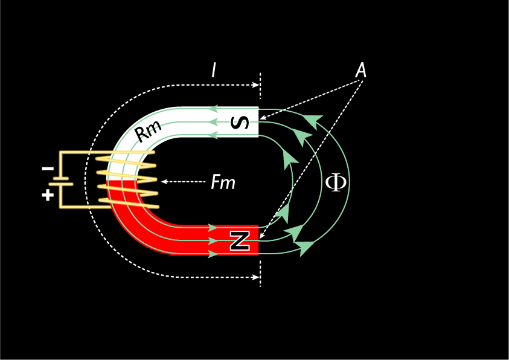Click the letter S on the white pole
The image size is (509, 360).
click(240, 123)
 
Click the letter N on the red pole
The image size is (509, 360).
click(240, 241)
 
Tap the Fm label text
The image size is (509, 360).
click(223, 182)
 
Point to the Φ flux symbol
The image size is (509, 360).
click(336, 183)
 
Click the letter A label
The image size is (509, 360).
click(360, 70)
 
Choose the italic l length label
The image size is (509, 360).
click(213, 70)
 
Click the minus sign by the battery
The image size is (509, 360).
click(48, 169)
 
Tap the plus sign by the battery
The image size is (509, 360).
click(48, 195)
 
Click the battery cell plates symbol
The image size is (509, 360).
click(61, 181)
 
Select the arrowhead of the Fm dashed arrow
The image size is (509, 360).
click(164, 181)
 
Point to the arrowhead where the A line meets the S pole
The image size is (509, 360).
click(263, 118)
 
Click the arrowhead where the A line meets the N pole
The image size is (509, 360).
click(261, 237)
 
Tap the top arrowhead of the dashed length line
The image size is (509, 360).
click(256, 85)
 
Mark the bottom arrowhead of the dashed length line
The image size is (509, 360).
click(256, 277)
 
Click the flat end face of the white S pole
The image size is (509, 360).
click(258, 122)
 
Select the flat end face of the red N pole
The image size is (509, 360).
click(258, 240)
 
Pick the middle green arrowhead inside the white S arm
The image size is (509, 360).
click(213, 123)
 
